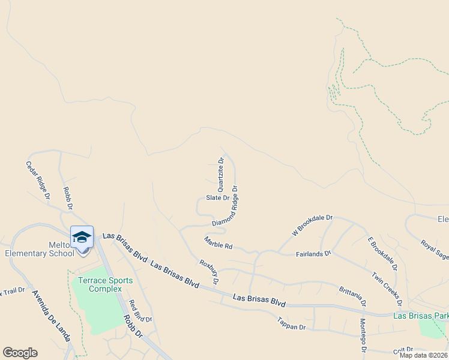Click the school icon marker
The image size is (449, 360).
coord(82,236)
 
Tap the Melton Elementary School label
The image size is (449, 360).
coord(39,249)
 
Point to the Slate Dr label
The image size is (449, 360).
coord(217,197)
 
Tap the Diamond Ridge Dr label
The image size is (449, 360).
coord(225,206)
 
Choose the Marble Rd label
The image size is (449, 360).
coord(218,243)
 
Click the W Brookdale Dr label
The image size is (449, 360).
coord(312,225)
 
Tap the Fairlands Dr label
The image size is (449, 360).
coord(313,254)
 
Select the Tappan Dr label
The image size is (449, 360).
coord(292,328)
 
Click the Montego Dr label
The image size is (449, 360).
coord(363,335)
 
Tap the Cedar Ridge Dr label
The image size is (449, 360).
coord(38,179)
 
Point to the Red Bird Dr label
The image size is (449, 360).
coord(140,311)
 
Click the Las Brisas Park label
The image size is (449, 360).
coord(420,316)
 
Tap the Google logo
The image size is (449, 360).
coord(20,353)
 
